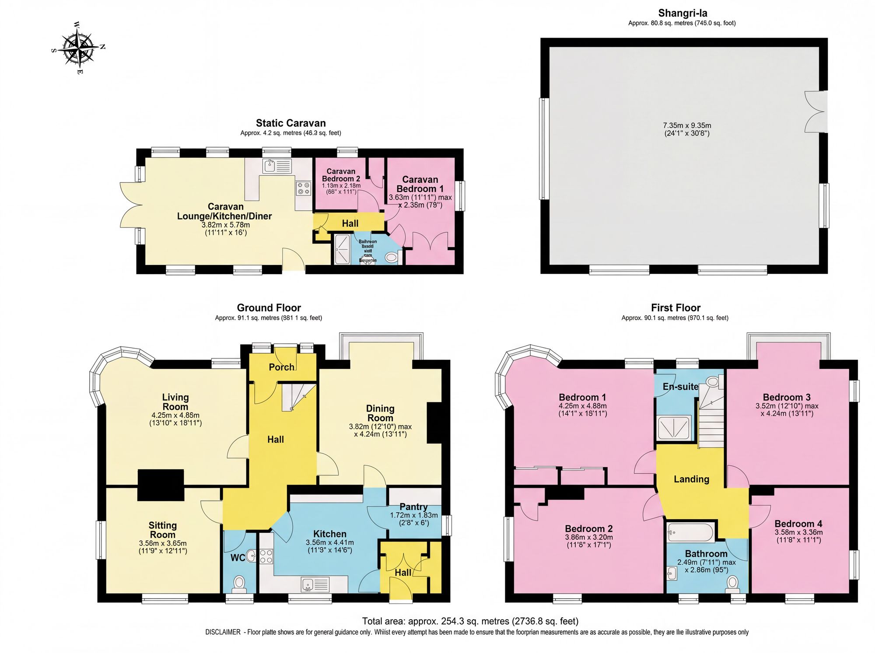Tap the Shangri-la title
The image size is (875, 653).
[682, 13]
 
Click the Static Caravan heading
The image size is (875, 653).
[290, 123]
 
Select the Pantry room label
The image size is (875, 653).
[413, 506]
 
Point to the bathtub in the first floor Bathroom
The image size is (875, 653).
[690, 532]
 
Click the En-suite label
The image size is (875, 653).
[680, 387]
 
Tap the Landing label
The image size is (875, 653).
[691, 479]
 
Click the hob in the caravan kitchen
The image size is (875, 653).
[303, 189]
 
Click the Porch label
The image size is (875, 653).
[281, 367]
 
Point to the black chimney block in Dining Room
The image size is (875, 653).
[434, 423]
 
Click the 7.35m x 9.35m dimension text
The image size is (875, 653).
[687, 126]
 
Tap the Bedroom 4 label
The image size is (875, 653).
[798, 524]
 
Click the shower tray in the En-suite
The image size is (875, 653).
[674, 427]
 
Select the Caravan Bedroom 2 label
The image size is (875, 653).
[341, 175]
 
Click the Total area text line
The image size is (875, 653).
[470, 621]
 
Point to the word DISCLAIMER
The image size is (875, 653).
[223, 632]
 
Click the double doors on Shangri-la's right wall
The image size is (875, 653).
[815, 112]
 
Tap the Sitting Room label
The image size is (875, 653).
[162, 530]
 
